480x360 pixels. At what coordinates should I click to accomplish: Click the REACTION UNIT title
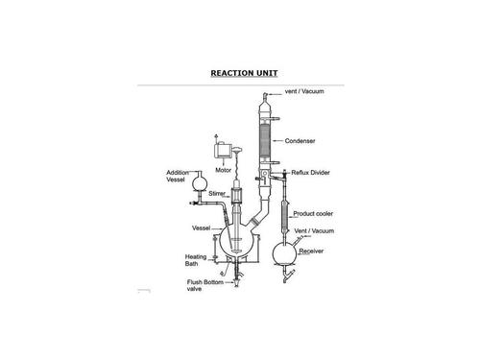(x=244, y=73)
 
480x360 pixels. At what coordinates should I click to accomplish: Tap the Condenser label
(x=300, y=141)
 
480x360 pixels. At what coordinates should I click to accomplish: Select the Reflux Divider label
(x=310, y=173)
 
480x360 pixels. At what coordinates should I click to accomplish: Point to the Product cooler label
(x=313, y=213)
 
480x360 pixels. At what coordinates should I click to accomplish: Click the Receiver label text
(x=311, y=252)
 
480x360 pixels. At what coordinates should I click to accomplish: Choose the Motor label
(x=223, y=170)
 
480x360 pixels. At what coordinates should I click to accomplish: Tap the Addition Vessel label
(x=178, y=176)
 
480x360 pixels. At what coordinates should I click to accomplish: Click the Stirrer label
(x=217, y=194)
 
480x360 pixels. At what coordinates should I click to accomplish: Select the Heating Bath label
(x=196, y=260)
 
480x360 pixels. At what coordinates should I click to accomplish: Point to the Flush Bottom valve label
(x=205, y=285)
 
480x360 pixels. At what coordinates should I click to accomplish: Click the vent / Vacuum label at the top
(x=304, y=91)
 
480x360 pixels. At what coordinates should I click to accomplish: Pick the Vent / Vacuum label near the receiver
(x=314, y=230)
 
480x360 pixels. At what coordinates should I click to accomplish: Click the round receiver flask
(x=284, y=253)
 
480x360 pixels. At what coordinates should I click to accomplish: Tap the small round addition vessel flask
(x=200, y=184)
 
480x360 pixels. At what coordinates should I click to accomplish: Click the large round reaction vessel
(x=237, y=240)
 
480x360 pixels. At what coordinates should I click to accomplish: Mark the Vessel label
(x=201, y=228)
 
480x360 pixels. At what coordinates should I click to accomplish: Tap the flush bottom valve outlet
(x=237, y=283)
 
